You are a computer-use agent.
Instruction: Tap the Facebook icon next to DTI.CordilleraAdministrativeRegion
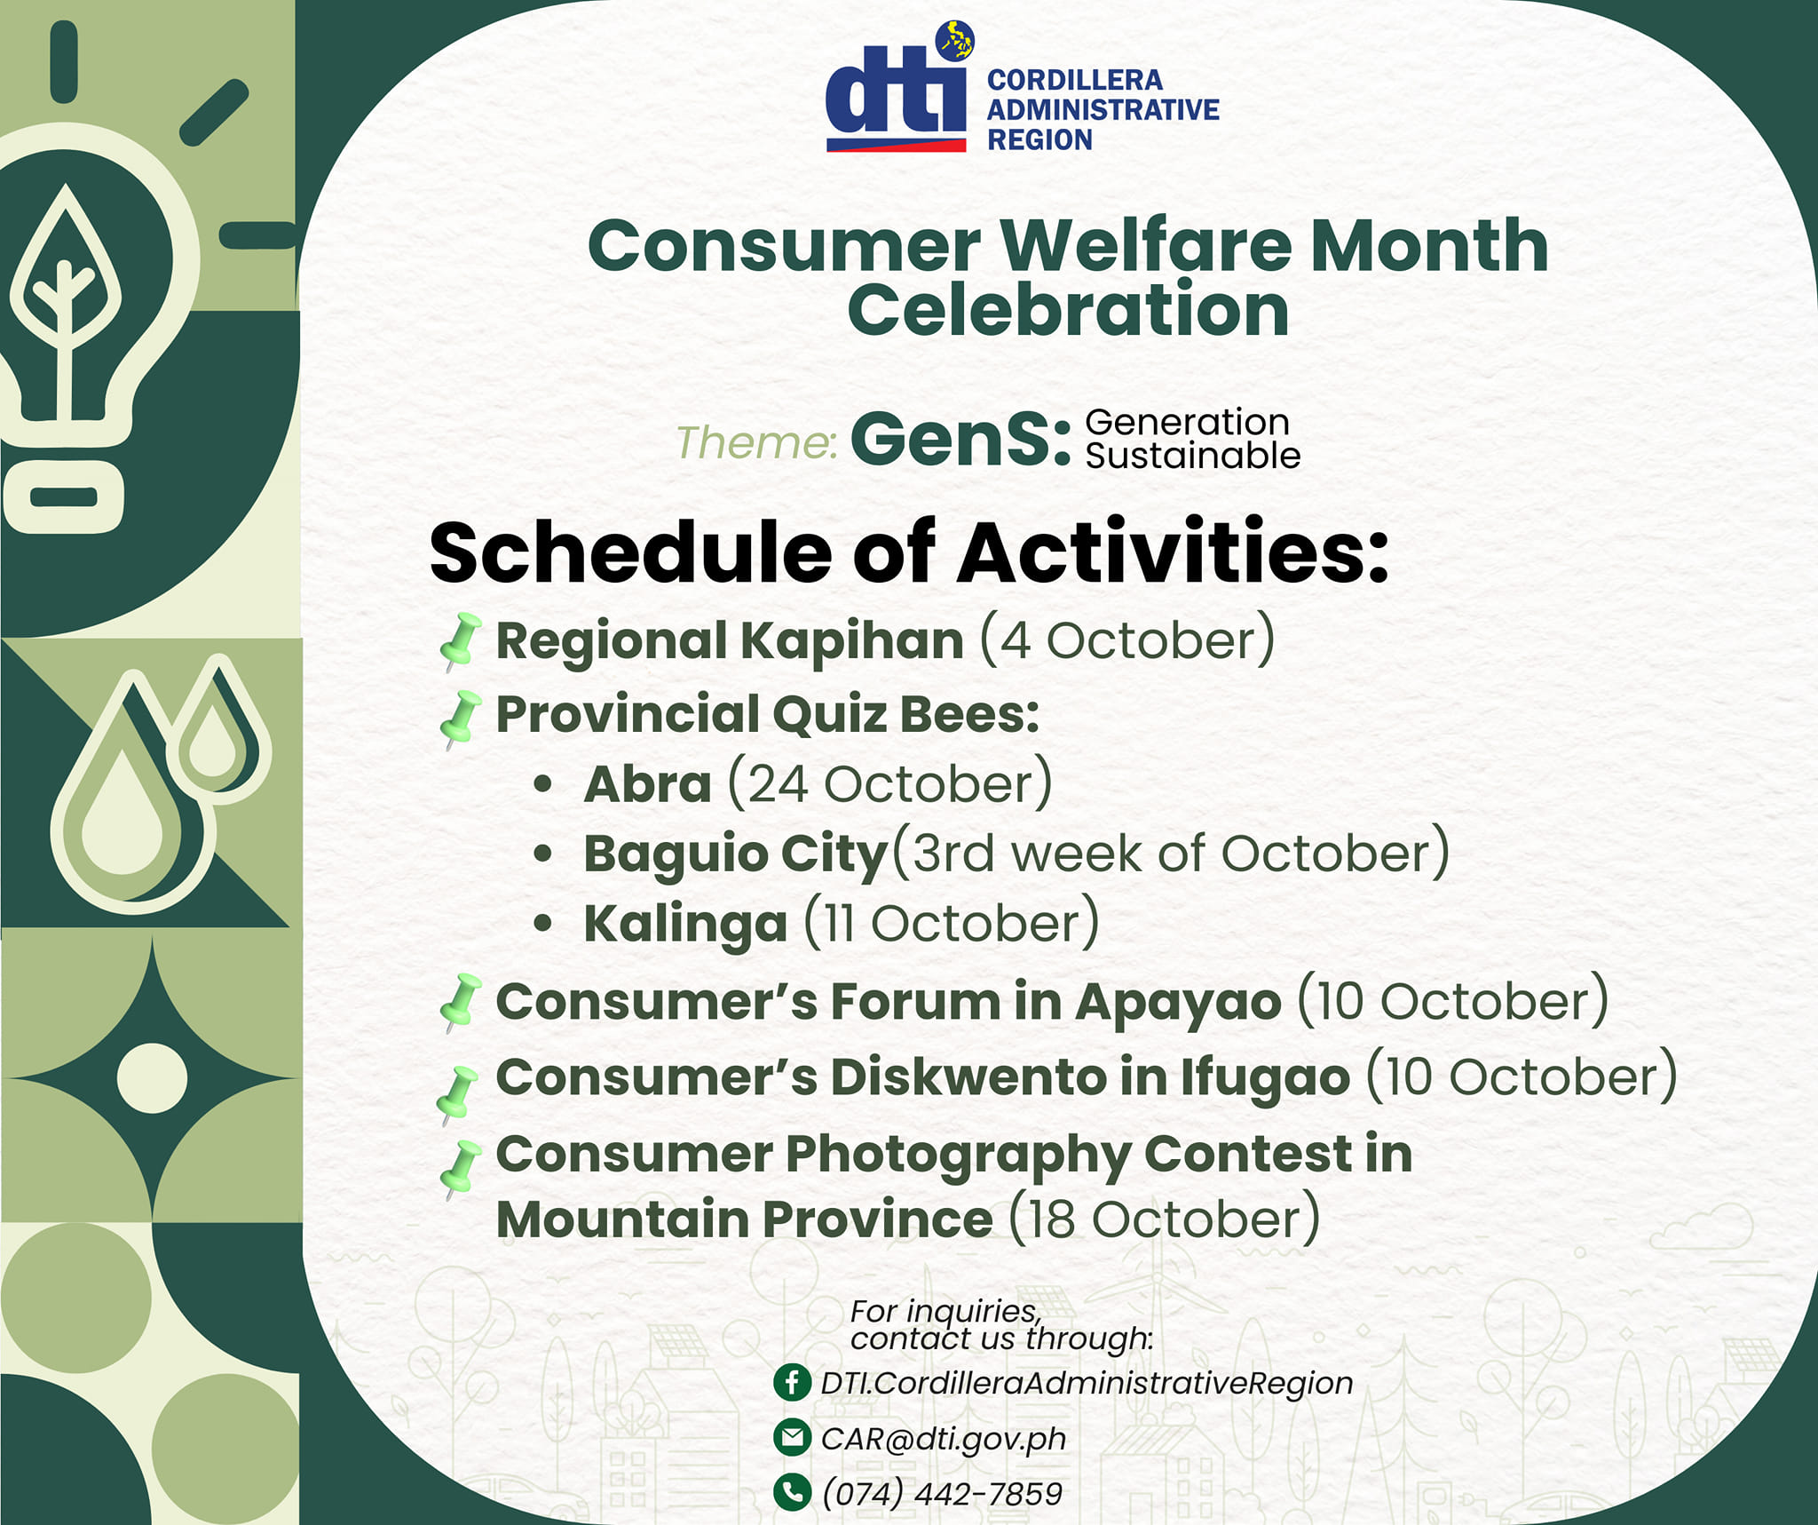tap(792, 1382)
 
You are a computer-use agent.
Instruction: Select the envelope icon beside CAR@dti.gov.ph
tap(792, 1437)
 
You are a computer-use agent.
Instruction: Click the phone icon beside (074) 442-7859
tap(792, 1492)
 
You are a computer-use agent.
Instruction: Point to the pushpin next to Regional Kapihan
tap(461, 641)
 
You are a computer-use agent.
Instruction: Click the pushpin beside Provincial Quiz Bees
tap(461, 719)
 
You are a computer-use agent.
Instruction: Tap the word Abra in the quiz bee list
tap(647, 784)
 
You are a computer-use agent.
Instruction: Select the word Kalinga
tap(685, 924)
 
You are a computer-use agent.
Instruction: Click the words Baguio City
tap(736, 854)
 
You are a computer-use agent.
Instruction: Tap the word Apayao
tap(1178, 1003)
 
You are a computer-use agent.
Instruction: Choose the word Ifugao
tap(1265, 1078)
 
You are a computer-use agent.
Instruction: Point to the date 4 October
tap(1127, 640)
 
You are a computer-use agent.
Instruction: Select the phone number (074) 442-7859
tap(942, 1494)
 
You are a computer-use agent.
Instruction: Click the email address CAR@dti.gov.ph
tap(944, 1439)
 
